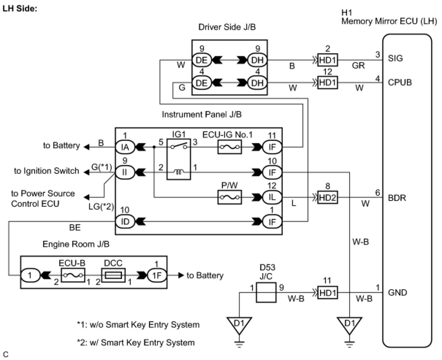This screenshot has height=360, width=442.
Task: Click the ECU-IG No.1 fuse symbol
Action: [x=229, y=147]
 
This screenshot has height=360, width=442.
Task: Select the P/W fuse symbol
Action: [x=229, y=197]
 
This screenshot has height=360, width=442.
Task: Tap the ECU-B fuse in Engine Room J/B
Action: [x=73, y=275]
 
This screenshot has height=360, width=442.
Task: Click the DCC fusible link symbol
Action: [x=113, y=275]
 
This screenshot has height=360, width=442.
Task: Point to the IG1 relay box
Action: [x=179, y=159]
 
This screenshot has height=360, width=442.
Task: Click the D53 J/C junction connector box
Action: [x=266, y=292]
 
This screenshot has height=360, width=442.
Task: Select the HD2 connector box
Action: [x=328, y=198]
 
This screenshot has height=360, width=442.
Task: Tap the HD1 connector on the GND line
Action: [x=328, y=292]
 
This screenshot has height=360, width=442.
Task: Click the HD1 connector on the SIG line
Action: [x=328, y=60]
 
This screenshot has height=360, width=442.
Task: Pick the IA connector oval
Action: [x=125, y=147]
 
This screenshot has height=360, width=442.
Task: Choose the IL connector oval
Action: [x=272, y=197]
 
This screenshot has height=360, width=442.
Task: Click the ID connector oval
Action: [x=125, y=222]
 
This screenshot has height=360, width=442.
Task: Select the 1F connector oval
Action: [x=157, y=275]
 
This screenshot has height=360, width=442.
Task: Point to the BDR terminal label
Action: [x=397, y=198]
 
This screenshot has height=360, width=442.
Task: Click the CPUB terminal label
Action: [x=400, y=82]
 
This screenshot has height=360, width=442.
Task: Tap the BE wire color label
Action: [x=75, y=228]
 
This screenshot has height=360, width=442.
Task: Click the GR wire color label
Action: [x=358, y=65]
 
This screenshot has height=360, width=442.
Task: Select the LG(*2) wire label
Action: [x=101, y=207]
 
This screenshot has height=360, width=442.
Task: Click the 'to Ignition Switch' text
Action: [x=47, y=171]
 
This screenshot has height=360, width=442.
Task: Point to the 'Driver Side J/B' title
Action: [x=227, y=27]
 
